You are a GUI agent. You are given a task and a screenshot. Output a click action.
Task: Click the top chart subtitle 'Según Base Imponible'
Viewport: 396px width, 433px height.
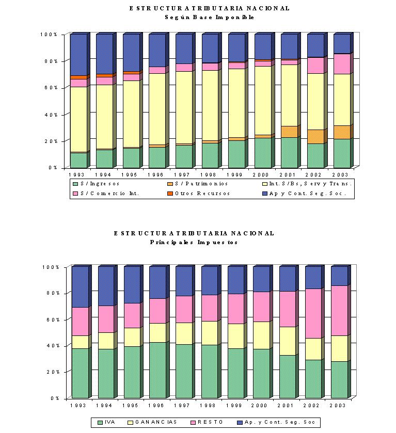[x=210, y=17]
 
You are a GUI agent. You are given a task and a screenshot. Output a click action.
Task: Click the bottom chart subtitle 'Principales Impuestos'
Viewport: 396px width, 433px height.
[x=194, y=242]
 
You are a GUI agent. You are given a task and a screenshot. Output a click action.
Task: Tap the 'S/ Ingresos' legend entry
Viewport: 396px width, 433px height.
[x=96, y=184]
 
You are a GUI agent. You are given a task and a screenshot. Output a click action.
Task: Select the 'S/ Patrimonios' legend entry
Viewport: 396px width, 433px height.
[x=198, y=184]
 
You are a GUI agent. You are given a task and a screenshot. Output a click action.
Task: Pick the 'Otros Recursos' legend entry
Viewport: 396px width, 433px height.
[x=199, y=194]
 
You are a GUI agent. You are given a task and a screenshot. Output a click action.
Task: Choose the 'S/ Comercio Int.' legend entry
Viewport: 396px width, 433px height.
[x=106, y=194]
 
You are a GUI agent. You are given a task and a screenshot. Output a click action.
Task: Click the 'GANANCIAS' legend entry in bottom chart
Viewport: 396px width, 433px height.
[x=152, y=422]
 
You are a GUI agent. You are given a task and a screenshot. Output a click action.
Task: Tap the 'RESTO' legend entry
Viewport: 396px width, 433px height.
[x=207, y=422]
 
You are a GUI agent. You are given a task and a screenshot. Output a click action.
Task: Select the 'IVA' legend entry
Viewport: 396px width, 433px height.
[x=106, y=422]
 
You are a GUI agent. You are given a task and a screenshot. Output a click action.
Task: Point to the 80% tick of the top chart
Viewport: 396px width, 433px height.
[x=51, y=61]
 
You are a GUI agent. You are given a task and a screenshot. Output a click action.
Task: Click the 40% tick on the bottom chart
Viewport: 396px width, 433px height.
[x=53, y=346]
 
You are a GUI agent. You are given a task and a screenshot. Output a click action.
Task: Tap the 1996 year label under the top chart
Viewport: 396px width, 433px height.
[x=155, y=175]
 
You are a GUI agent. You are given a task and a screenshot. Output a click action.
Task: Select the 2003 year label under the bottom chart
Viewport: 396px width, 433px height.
[x=338, y=405]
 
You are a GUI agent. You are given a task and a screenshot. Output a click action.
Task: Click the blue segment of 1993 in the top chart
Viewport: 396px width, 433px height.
[x=79, y=55]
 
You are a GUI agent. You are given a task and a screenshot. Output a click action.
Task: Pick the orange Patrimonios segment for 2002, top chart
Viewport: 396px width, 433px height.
[x=315, y=137]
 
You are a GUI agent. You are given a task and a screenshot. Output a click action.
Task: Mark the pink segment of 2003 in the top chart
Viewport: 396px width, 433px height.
[x=342, y=64]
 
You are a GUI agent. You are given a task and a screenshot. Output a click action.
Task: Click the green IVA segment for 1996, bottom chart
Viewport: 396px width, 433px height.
[x=157, y=371]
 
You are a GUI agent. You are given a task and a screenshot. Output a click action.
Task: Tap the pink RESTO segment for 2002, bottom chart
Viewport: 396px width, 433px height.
[x=313, y=313]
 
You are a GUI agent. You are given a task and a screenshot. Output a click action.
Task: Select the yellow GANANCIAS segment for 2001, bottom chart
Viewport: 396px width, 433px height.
[x=288, y=341]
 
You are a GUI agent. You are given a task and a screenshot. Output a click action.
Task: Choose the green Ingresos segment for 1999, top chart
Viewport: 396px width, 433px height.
[x=236, y=154]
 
